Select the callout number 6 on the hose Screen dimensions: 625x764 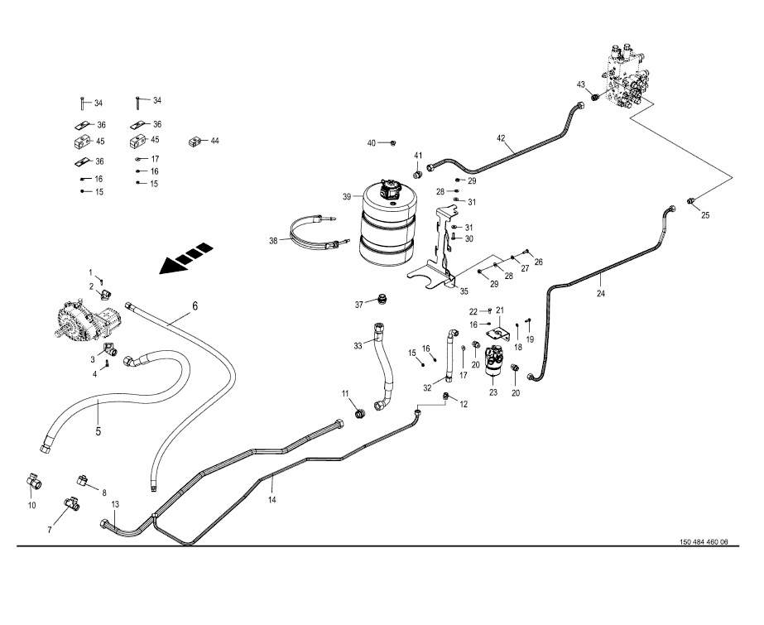click(x=195, y=305)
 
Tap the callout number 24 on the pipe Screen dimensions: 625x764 click(x=601, y=292)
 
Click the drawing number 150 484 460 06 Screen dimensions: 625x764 click(x=704, y=542)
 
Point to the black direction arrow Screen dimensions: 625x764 click(x=185, y=258)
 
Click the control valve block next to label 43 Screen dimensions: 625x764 click(x=629, y=79)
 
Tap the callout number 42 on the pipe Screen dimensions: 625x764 click(x=501, y=137)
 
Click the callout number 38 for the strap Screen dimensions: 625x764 click(x=273, y=240)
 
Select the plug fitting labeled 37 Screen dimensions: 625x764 click(x=382, y=298)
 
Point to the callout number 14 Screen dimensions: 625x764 click(x=271, y=499)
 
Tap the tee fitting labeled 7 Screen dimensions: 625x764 click(x=70, y=502)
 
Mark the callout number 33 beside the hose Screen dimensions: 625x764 click(x=358, y=345)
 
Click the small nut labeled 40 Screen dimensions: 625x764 click(x=392, y=143)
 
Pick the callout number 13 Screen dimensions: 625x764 click(x=115, y=504)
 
